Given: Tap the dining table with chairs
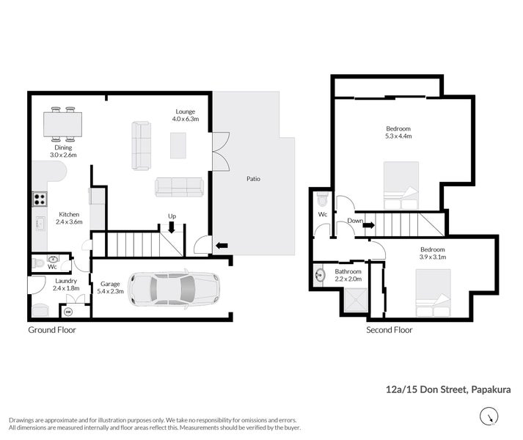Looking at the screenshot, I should coord(62,125).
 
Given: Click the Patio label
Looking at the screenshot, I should coord(253,179).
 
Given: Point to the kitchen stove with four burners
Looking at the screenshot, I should coord(40,198).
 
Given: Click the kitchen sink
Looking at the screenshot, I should coord(40,223).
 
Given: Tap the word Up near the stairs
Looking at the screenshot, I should coord(171,216).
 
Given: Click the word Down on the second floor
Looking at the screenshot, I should coord(355,221).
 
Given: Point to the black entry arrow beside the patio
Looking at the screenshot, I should coord(220,246).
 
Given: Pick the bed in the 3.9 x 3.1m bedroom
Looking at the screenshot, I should coord(433,293).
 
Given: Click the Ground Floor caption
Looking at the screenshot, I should coord(52,330).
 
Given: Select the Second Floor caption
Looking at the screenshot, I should coord(389,330).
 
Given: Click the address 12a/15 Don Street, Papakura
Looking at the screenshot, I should coord(448,390).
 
